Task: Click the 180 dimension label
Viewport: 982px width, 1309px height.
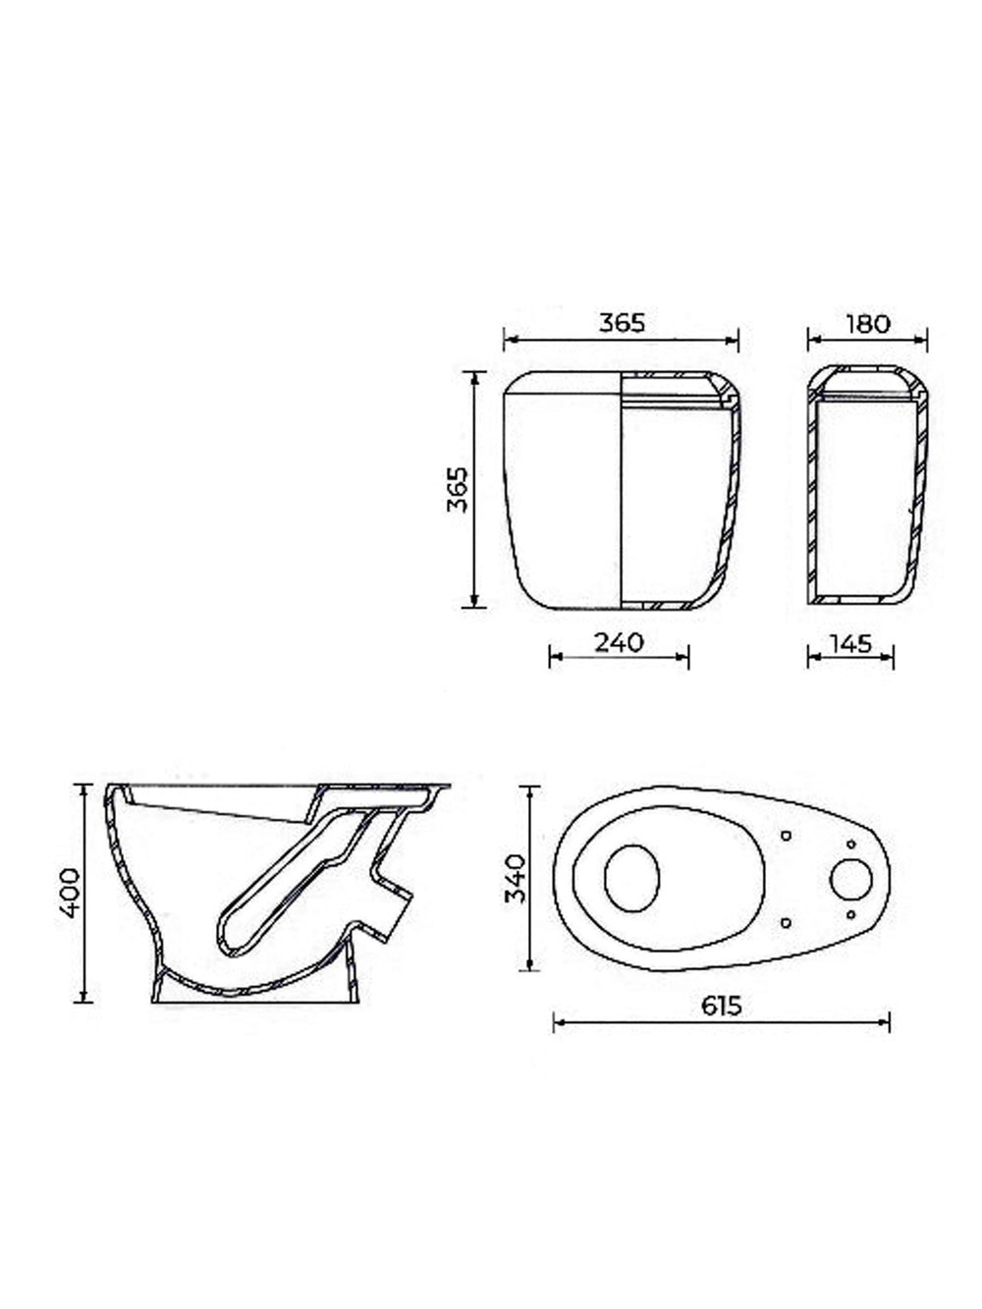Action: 867,324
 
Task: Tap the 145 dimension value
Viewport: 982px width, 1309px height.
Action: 849,643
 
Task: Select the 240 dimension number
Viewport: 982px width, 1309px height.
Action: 619,642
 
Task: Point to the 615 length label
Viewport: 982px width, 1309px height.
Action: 722,1006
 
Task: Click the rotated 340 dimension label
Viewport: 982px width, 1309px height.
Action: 516,878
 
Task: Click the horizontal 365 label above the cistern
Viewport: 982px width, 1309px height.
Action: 622,323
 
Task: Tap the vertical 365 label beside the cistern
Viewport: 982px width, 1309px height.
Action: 458,489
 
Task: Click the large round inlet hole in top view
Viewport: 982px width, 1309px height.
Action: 850,880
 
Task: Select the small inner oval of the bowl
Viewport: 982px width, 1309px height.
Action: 632,878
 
